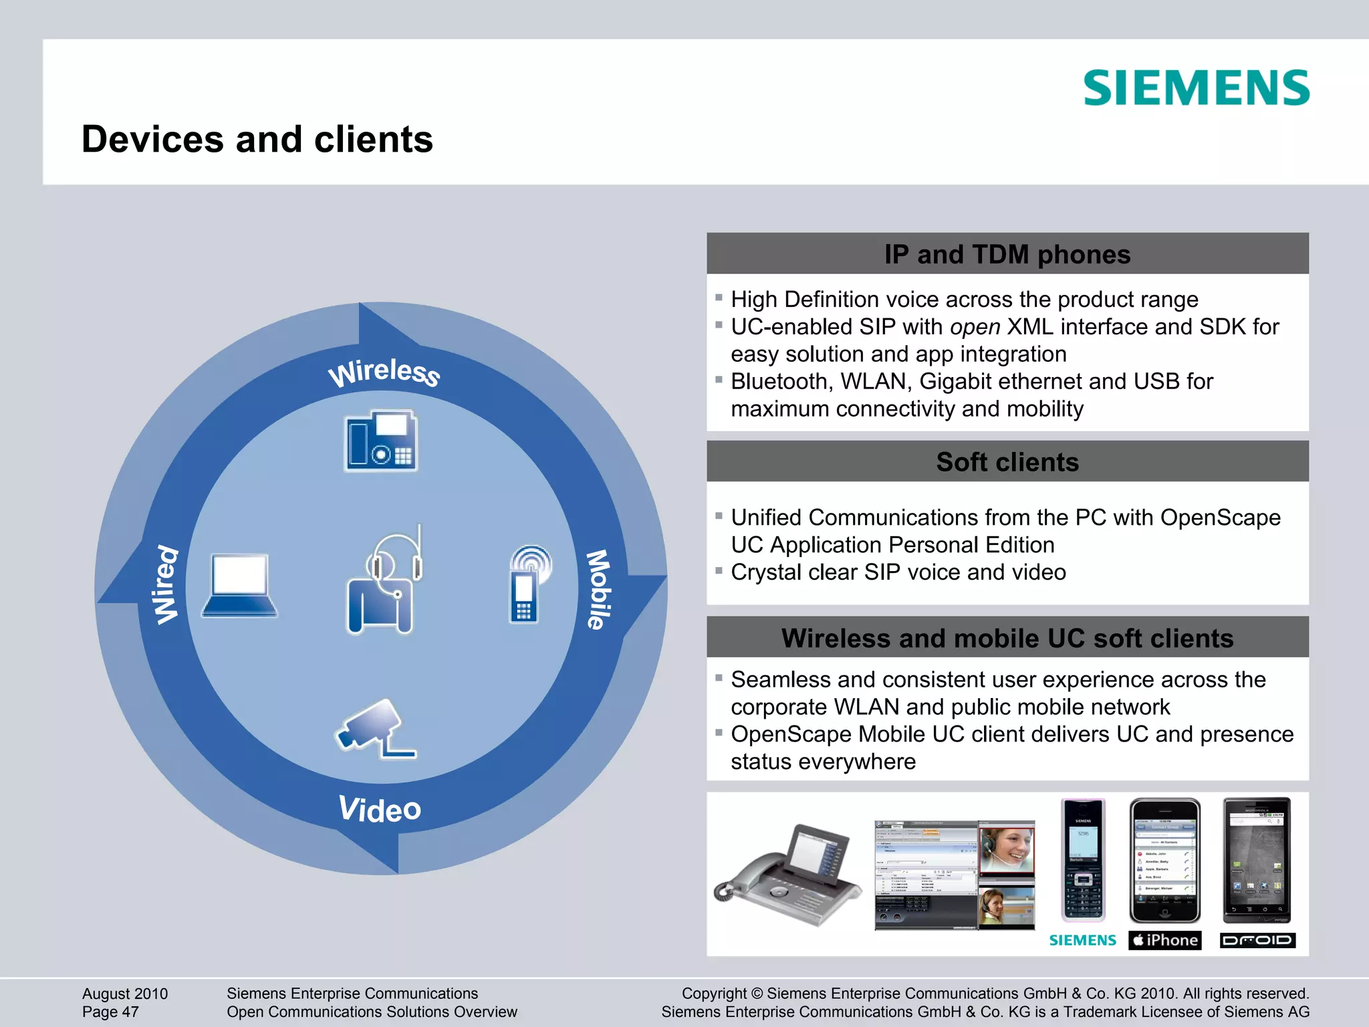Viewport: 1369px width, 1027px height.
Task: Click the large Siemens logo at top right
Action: pyautogui.click(x=1196, y=88)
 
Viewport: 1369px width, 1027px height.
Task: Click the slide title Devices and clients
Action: pyautogui.click(x=257, y=139)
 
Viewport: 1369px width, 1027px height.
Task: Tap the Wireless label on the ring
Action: pyautogui.click(x=384, y=372)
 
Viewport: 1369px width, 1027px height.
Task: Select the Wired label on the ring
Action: pyautogui.click(x=164, y=584)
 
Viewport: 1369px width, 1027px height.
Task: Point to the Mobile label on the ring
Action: pyautogui.click(x=598, y=589)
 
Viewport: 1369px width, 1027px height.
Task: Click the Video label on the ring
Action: pyautogui.click(x=380, y=809)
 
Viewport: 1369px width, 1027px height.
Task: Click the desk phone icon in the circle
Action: pyautogui.click(x=381, y=441)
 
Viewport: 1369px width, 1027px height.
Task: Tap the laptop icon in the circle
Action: pyautogui.click(x=239, y=585)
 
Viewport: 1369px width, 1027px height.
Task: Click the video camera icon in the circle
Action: pyautogui.click(x=374, y=729)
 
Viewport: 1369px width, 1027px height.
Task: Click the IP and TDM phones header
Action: pyautogui.click(x=1007, y=254)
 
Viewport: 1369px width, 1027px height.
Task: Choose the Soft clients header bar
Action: pyautogui.click(x=1007, y=462)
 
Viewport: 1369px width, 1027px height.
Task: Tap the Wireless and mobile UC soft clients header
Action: pyautogui.click(x=1007, y=638)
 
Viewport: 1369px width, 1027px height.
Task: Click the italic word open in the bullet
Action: pyautogui.click(x=975, y=327)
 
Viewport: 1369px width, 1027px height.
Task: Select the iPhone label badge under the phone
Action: pyautogui.click(x=1165, y=940)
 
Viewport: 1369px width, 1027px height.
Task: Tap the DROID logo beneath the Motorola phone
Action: pyautogui.click(x=1257, y=940)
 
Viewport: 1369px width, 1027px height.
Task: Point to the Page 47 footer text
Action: pyautogui.click(x=110, y=1012)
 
